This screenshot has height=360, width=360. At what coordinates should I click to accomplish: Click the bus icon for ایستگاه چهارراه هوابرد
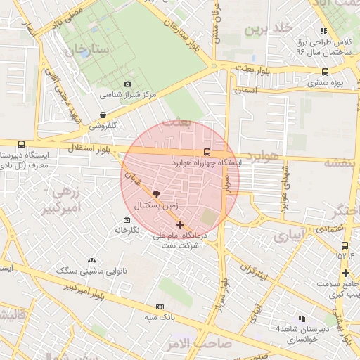point(206,151)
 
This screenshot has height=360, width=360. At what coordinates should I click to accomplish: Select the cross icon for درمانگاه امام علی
point(181,225)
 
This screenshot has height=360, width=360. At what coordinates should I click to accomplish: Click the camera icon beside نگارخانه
point(117,230)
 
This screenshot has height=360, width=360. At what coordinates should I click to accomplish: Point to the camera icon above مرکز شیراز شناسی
point(127,83)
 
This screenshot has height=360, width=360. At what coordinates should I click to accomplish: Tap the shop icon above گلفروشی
point(103,115)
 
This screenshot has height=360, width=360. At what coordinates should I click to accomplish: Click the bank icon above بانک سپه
point(160,307)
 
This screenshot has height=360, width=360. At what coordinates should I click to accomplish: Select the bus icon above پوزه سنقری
point(324,72)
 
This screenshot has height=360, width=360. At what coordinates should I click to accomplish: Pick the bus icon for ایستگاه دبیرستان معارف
point(21,144)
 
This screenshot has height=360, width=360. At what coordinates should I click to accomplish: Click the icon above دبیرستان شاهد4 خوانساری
point(302,318)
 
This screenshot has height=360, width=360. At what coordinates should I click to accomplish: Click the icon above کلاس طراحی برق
point(323,31)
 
